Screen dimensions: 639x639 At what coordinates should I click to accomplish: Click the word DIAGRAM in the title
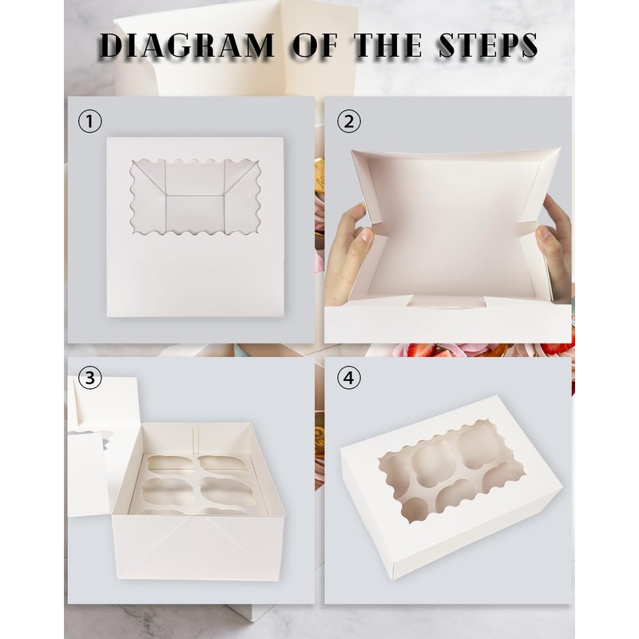point(187,45)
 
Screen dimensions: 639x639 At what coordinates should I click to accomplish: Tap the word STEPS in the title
point(488,45)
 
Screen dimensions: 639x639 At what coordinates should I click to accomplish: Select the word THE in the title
point(387,45)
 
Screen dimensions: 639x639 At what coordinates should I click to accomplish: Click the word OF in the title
point(316,45)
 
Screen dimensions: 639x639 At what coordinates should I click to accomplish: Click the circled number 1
point(89,121)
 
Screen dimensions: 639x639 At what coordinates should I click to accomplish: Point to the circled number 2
point(349,121)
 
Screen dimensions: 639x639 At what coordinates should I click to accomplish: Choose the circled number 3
point(89,378)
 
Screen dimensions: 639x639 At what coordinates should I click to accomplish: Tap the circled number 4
point(349,378)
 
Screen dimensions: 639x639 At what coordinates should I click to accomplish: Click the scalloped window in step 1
point(195,196)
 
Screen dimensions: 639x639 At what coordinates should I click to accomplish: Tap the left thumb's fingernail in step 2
point(367,236)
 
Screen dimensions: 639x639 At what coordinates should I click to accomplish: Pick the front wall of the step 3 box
point(198,547)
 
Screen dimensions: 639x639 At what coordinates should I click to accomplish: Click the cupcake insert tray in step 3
point(196,485)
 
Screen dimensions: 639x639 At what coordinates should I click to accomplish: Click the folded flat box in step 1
point(195,227)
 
